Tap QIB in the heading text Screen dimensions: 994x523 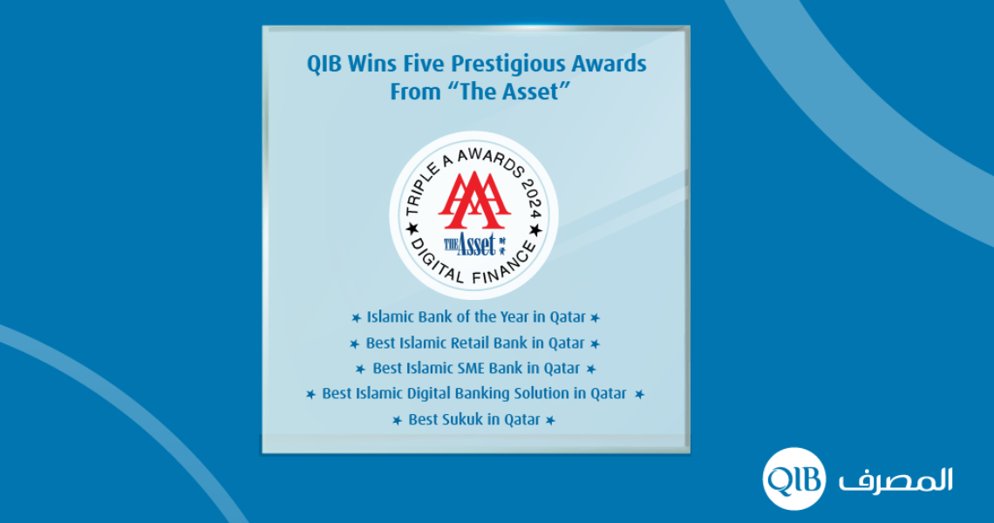[x=324, y=64]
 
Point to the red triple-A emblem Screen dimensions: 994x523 [x=474, y=200]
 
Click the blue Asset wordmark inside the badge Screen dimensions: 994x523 [x=474, y=244]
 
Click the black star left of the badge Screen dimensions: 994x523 [x=412, y=228]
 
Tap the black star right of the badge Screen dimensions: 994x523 [x=535, y=231]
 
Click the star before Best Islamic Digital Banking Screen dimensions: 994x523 [x=310, y=394]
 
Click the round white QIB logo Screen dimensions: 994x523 [x=794, y=479]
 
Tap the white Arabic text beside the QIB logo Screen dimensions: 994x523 [x=895, y=479]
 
